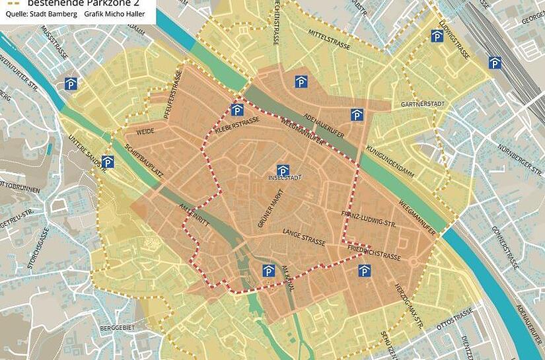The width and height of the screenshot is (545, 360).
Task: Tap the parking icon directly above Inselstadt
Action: pyautogui.click(x=283, y=170)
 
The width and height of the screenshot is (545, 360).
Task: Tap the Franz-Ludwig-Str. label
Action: pyautogui.click(x=367, y=219)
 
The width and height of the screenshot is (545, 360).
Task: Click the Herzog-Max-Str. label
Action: pyautogui.click(x=409, y=303)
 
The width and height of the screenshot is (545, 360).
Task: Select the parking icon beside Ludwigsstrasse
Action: pyautogui.click(x=437, y=36)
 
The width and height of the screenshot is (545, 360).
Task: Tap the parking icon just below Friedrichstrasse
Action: pyautogui.click(x=364, y=271)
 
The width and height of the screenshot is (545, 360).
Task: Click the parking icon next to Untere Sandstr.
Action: pyautogui.click(x=108, y=162)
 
